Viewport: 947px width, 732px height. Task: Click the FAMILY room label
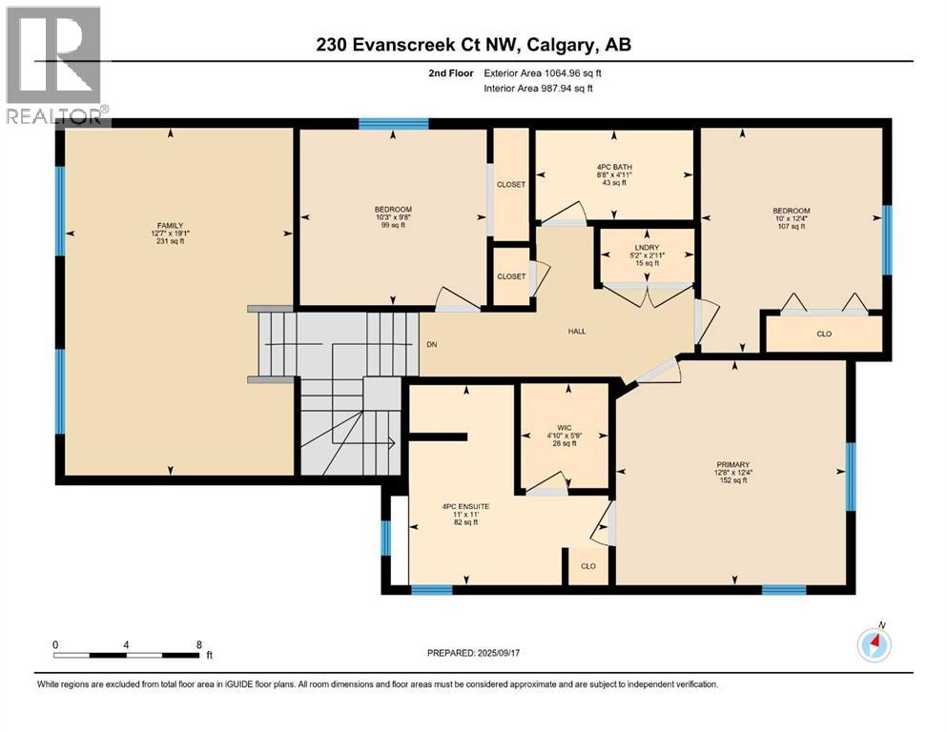171,226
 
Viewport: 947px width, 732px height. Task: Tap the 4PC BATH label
614,167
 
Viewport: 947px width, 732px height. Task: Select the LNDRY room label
647,248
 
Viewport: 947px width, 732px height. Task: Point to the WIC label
565,428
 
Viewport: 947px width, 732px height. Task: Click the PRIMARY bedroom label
733,465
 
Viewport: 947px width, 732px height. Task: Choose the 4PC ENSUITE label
465,507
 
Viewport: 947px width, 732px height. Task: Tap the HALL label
577,332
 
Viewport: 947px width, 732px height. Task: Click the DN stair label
432,345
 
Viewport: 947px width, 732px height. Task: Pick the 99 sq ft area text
393,225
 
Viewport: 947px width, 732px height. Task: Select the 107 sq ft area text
792,226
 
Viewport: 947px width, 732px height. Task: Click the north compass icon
874,645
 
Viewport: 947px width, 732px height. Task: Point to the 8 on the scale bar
198,644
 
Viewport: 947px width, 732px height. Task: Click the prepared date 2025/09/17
498,653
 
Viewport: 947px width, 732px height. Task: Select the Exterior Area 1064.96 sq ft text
543,73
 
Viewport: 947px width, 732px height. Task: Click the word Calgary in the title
559,45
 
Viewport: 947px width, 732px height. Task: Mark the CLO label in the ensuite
588,566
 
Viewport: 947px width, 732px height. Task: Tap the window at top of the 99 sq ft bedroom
394,124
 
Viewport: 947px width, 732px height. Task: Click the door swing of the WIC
549,481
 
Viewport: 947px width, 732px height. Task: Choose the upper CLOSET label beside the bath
511,185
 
